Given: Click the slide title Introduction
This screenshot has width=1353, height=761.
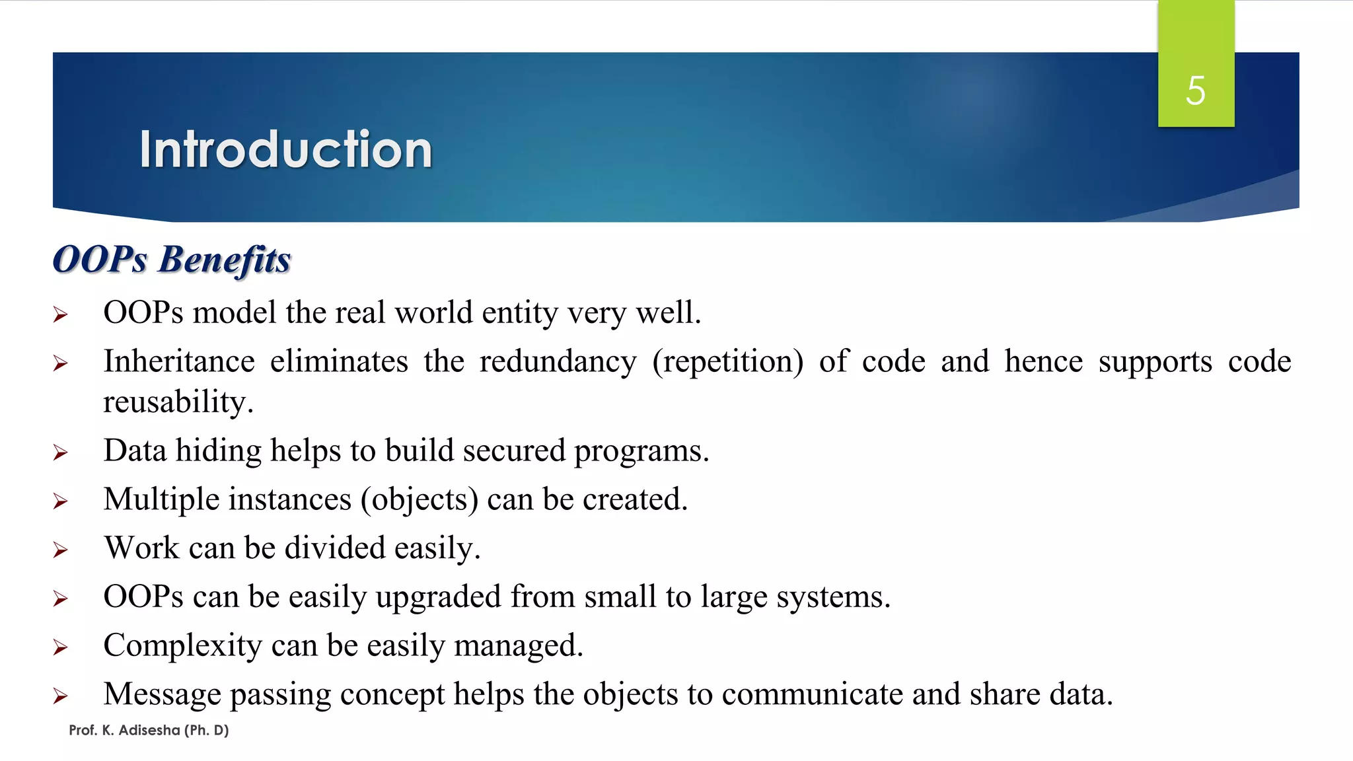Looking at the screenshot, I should click(x=285, y=150).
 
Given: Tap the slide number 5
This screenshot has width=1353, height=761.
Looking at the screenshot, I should click(x=1195, y=91).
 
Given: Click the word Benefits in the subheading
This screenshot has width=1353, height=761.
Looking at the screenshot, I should click(x=224, y=260).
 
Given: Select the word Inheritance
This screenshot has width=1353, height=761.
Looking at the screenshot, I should click(x=179, y=361).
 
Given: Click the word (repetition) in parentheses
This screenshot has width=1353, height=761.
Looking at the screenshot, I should click(x=727, y=361).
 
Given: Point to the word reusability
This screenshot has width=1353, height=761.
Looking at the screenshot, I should click(x=178, y=402).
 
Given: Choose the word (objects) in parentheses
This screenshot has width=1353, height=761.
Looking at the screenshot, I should click(x=419, y=499).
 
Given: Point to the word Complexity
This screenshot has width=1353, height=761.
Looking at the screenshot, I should click(x=182, y=645).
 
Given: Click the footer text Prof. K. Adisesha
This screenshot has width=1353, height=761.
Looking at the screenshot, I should click(x=149, y=730).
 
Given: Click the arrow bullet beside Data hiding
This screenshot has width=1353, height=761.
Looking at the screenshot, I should click(x=61, y=453).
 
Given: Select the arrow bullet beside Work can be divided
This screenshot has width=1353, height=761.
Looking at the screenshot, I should click(x=61, y=550).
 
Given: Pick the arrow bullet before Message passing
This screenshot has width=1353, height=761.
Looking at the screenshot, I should click(x=61, y=696).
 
